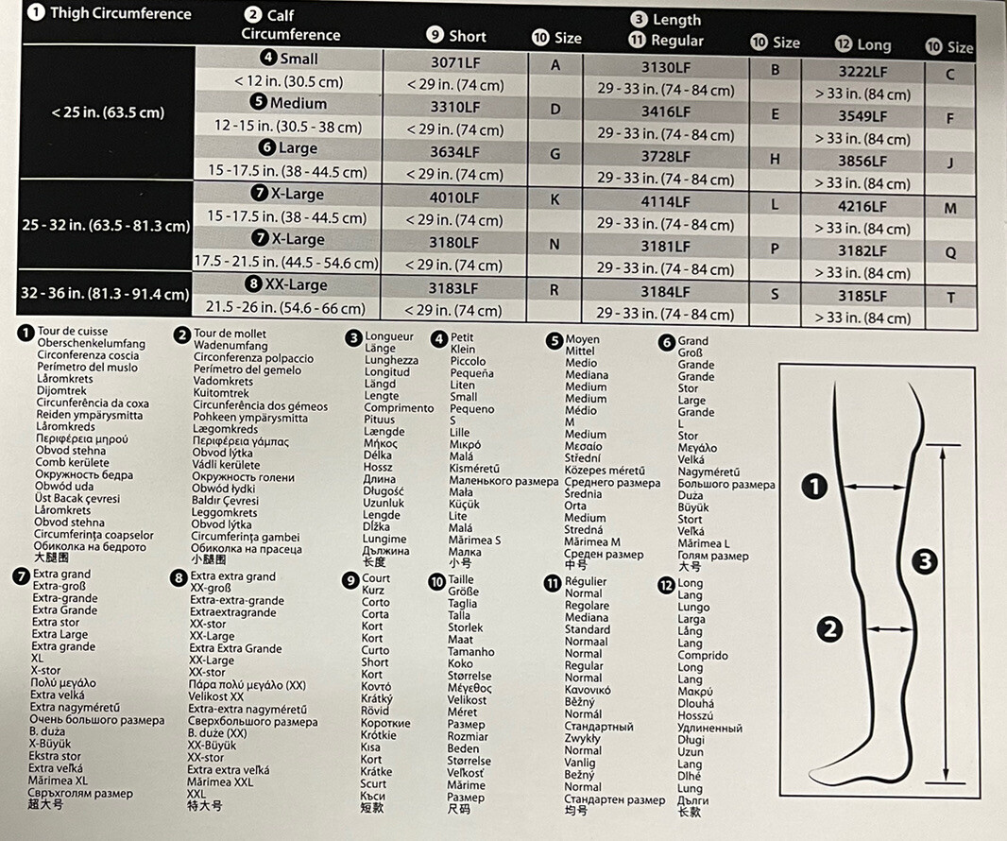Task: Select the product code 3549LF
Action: (x=862, y=116)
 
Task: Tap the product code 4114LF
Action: (x=665, y=201)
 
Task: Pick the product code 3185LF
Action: (x=862, y=296)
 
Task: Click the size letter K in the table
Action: (x=555, y=199)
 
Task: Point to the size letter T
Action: (x=950, y=298)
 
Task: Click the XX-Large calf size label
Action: (x=289, y=284)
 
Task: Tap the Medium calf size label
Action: (x=289, y=103)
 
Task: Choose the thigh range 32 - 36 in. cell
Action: (x=105, y=294)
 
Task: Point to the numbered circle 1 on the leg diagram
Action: (x=814, y=487)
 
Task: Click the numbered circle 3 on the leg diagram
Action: (x=925, y=561)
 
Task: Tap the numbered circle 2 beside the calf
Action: (x=829, y=627)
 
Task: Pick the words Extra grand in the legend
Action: (x=61, y=574)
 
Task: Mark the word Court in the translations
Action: (x=376, y=578)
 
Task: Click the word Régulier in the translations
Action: (x=586, y=581)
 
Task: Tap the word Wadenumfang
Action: (x=230, y=346)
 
